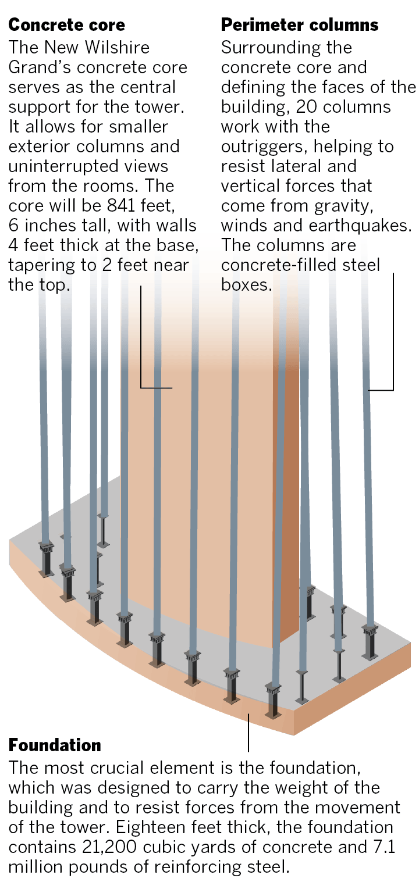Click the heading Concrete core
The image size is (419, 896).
click(66, 25)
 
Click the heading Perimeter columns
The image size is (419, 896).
click(300, 25)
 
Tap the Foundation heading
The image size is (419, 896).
click(55, 745)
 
